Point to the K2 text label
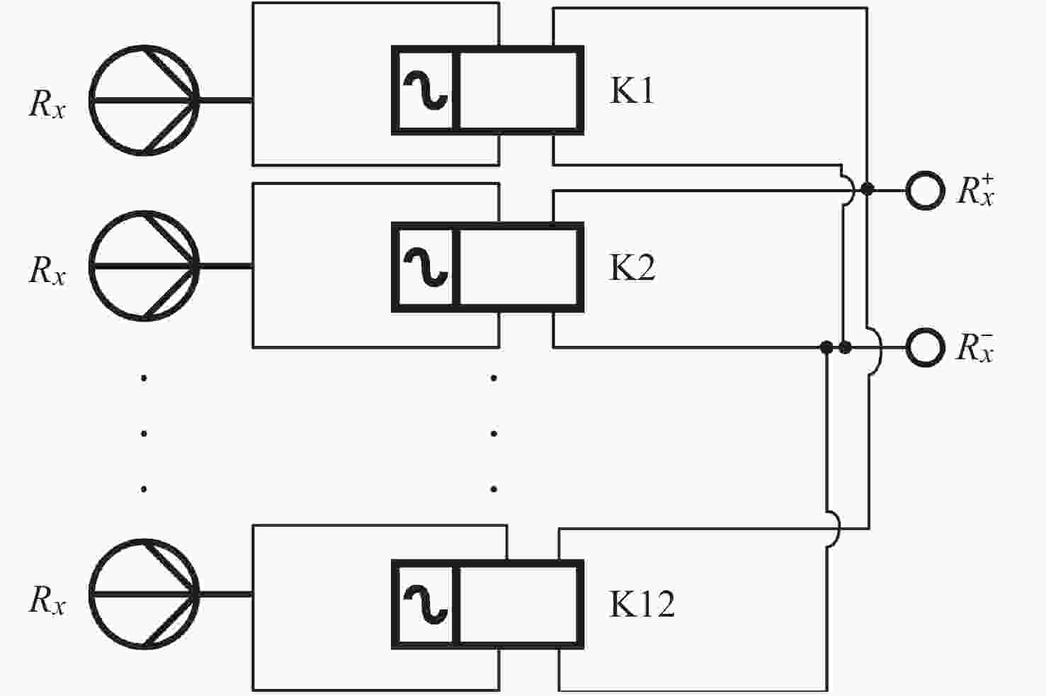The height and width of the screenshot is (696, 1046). tap(632, 267)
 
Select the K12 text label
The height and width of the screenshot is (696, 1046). tap(642, 604)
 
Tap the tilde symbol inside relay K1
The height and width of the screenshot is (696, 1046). tap(426, 90)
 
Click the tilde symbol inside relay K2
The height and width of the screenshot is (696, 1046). tap(426, 267)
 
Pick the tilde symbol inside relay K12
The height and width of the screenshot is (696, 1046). tap(426, 605)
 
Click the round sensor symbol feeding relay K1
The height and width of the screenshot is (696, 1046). tap(144, 100)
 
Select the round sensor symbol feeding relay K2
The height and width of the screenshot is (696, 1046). tap(144, 266)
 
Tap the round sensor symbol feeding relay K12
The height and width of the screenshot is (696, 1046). tap(144, 594)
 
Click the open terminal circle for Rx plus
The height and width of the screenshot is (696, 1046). tap(926, 191)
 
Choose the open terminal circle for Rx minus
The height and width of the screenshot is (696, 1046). tap(926, 347)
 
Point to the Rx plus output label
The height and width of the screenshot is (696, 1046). tap(976, 191)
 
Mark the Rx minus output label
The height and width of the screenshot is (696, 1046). tap(976, 348)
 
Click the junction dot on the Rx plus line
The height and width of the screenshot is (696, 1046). tap(867, 189)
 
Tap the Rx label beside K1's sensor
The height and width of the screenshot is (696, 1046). tap(47, 103)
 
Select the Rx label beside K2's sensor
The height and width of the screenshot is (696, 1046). tap(47, 271)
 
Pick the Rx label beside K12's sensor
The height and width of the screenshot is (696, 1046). tap(47, 600)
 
